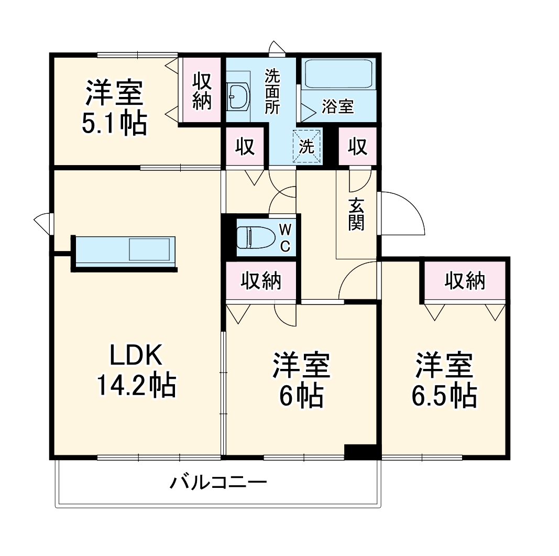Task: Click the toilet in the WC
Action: pyautogui.click(x=255, y=237)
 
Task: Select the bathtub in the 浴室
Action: pyautogui.click(x=339, y=74)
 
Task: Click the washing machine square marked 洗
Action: pyautogui.click(x=306, y=146)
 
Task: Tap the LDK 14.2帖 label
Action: pyautogui.click(x=135, y=370)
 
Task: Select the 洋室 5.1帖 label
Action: pyautogui.click(x=114, y=107)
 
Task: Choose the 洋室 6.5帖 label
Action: pyautogui.click(x=444, y=380)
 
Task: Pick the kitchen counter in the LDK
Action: pyautogui.click(x=125, y=251)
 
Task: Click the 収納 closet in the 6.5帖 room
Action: pyautogui.click(x=465, y=281)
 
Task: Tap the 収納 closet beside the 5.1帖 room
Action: pyautogui.click(x=201, y=91)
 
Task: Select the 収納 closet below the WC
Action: pyautogui.click(x=261, y=281)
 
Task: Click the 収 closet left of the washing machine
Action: pyautogui.click(x=245, y=147)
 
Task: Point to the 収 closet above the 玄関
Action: pyautogui.click(x=358, y=147)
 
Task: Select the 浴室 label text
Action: pyautogui.click(x=337, y=107)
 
